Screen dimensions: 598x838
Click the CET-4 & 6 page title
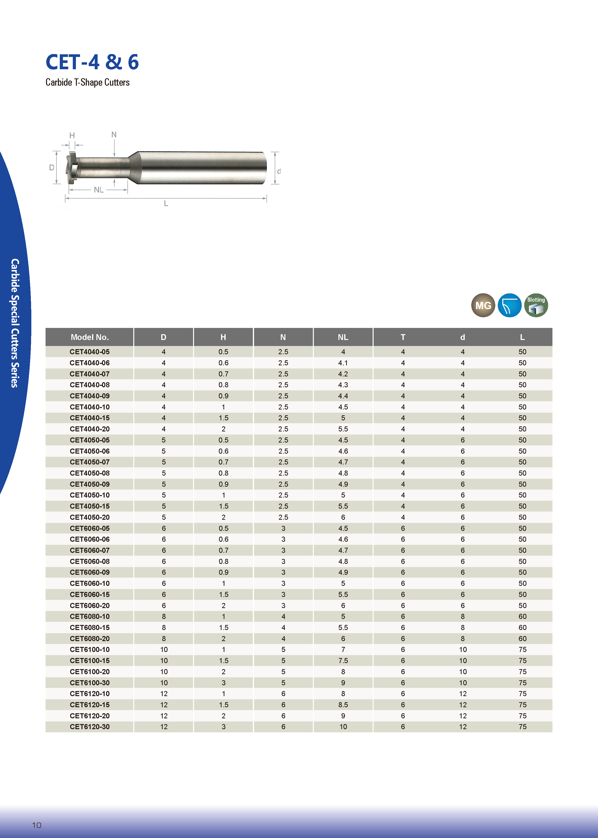click(92, 62)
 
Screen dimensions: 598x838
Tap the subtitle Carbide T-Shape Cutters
click(88, 82)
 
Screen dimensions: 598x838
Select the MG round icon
click(483, 305)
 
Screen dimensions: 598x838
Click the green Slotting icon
click(536, 305)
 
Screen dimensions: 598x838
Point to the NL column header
click(343, 337)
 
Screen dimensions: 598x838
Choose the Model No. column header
click(89, 337)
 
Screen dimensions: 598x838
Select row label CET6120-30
click(89, 727)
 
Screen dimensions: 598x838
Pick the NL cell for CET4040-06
click(343, 363)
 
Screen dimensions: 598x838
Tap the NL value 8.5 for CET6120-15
click(343, 705)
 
